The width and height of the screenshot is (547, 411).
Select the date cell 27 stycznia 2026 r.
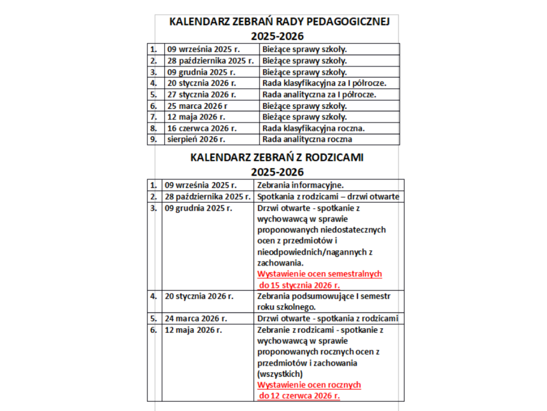click(x=201, y=95)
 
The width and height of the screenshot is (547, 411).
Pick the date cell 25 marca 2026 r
click(x=197, y=106)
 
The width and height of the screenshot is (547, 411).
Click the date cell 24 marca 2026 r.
click(x=196, y=318)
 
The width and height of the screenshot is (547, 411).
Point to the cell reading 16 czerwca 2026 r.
click(x=202, y=128)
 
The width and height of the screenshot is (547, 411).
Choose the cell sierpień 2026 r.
click(x=196, y=139)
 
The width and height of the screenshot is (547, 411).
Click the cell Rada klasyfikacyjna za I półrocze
click(x=325, y=84)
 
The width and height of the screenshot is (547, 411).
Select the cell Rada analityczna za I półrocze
click(x=319, y=95)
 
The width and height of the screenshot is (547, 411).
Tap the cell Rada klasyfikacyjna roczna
click(x=314, y=128)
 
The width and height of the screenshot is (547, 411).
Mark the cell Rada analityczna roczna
click(x=307, y=139)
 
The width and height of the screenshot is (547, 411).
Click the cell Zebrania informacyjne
click(x=300, y=185)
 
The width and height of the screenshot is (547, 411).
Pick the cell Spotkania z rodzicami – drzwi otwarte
click(x=328, y=197)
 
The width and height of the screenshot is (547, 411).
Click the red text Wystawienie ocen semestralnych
click(x=320, y=274)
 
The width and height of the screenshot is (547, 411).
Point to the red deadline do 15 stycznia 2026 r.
click(x=299, y=285)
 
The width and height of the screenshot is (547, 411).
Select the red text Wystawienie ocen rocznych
click(x=309, y=385)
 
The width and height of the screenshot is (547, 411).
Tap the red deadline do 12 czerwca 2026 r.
click(x=299, y=396)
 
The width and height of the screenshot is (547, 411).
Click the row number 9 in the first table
click(x=154, y=139)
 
